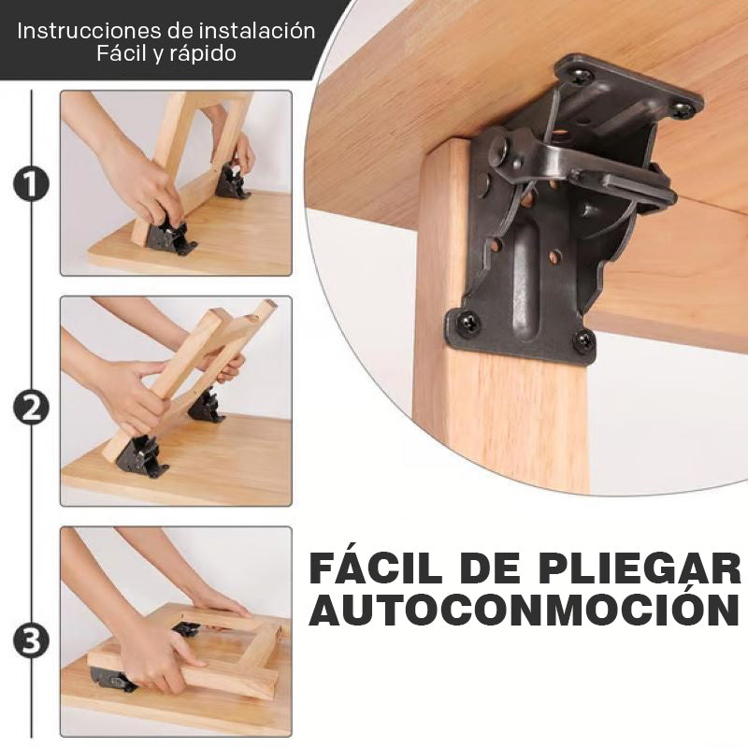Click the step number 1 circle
pyautogui.click(x=31, y=183)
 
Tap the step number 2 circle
pyautogui.click(x=31, y=408)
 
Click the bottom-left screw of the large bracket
pyautogui.click(x=468, y=323)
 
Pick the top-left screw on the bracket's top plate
pyautogui.click(x=580, y=76)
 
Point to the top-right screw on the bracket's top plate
pyautogui.click(x=683, y=109)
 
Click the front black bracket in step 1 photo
pyautogui.click(x=169, y=237)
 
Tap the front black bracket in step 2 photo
pyautogui.click(x=141, y=456)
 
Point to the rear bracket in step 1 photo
pyautogui.click(x=231, y=181)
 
